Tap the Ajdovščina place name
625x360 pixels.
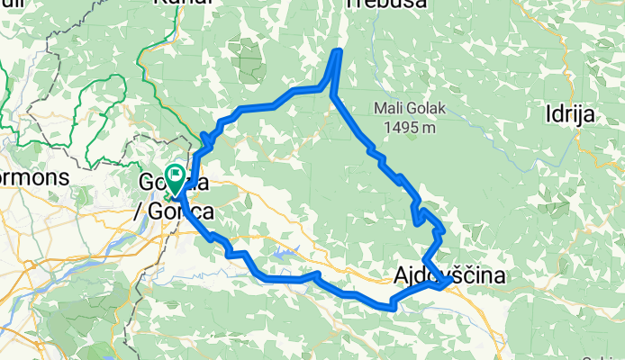[x=448, y=275]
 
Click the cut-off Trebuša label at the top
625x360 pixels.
[x=382, y=4]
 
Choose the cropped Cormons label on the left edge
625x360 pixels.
[x=36, y=178]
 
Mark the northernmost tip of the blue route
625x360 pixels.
[x=339, y=51]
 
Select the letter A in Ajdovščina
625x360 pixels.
[x=401, y=275]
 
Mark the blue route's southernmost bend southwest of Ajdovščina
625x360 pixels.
[x=394, y=307]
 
